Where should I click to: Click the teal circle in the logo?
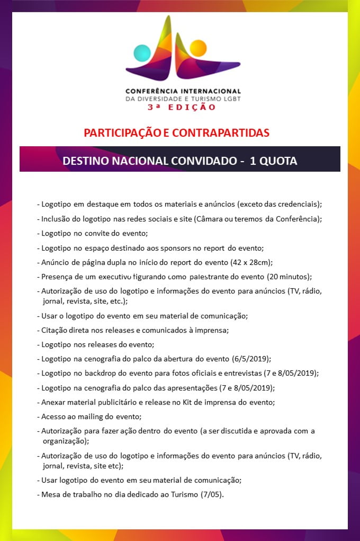click(142, 53)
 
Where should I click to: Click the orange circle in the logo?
click(197, 48)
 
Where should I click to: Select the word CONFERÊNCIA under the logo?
click(152, 91)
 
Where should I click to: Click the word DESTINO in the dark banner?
click(86, 161)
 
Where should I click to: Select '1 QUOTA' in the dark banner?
click(273, 161)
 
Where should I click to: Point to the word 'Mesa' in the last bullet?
click(51, 495)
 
